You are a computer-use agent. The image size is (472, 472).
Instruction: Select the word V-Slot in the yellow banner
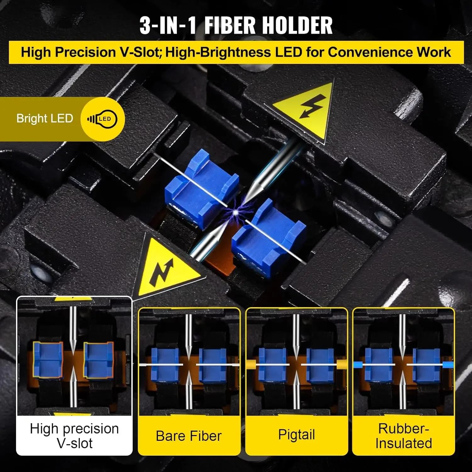point(140,52)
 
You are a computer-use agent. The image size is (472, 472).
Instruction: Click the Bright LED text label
point(45,119)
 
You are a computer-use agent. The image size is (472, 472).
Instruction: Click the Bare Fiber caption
point(189,436)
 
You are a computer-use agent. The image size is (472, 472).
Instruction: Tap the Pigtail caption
point(296,435)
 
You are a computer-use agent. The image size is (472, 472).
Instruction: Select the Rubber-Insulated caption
point(404,436)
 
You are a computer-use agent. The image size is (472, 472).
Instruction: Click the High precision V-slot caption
point(74,436)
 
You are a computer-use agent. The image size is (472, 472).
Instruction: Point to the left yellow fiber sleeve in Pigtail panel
point(251,364)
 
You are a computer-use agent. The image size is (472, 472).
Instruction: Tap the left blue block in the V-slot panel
point(48,360)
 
